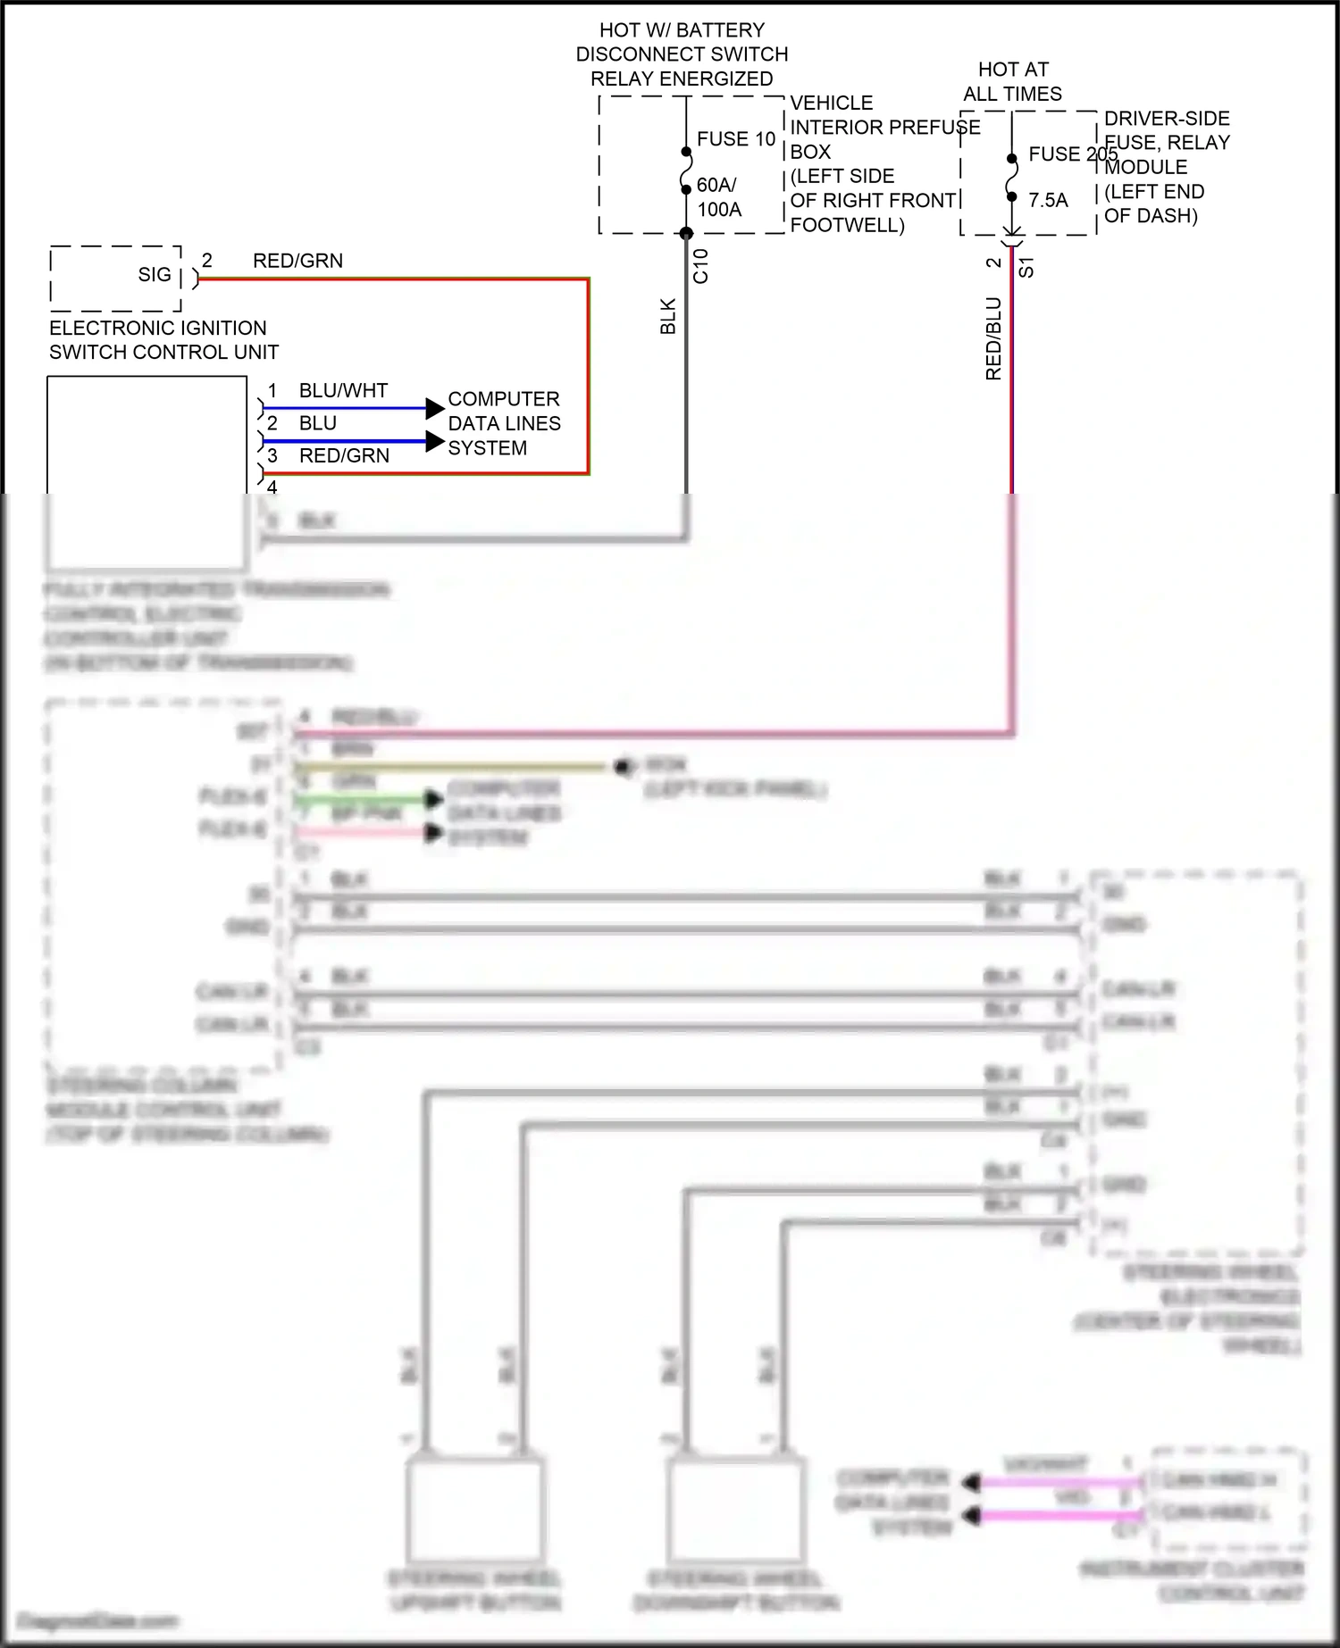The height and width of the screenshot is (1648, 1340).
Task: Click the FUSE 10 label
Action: (736, 139)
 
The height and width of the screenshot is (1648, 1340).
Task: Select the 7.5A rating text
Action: (1048, 200)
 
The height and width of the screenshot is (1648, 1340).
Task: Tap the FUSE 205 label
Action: (1072, 154)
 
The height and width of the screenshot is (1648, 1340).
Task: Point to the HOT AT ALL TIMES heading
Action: (1013, 81)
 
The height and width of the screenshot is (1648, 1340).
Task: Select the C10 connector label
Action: (701, 266)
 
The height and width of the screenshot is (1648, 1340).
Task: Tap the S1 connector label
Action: (1026, 267)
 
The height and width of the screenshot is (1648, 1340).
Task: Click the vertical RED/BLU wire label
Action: (993, 338)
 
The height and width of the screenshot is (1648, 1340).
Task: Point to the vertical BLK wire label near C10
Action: (668, 317)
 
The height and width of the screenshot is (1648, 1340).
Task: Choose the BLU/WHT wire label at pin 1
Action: (343, 391)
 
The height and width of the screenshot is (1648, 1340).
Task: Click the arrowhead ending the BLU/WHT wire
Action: (435, 408)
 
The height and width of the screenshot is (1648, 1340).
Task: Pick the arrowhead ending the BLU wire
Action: (435, 441)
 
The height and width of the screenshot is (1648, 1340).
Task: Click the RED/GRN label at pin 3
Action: (344, 456)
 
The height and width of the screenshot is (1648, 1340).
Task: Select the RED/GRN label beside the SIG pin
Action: (297, 261)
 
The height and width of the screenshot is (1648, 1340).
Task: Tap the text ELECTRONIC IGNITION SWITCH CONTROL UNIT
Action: (163, 340)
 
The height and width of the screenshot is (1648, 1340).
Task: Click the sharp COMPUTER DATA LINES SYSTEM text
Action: (504, 423)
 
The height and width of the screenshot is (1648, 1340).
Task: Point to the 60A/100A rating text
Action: (718, 197)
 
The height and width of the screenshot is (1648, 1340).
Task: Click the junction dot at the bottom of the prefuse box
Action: (686, 234)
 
